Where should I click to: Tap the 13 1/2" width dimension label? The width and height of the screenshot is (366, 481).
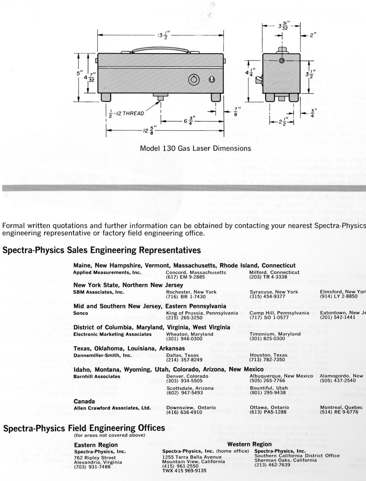163,35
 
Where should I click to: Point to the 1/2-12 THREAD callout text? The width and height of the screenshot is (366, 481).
127,113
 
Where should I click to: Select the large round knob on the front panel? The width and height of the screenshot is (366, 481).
194,80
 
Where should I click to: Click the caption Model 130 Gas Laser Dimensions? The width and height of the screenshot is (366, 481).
195,148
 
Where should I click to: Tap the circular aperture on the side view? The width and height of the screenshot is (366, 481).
282,61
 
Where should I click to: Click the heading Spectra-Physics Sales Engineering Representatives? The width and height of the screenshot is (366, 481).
101,250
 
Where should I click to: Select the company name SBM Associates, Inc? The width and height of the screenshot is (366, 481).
99,292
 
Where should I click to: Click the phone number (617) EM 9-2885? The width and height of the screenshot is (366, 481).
185,277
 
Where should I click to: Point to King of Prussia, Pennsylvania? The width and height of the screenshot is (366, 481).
202,313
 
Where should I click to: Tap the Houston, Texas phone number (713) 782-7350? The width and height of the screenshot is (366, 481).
267,359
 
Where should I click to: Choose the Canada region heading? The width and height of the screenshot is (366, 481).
84,401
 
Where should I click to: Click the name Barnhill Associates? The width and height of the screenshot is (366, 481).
96,376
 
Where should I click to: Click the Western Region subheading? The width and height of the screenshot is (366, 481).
249,444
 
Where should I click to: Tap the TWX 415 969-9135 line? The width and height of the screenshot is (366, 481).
184,471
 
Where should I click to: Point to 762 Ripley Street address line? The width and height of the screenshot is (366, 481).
95,458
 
